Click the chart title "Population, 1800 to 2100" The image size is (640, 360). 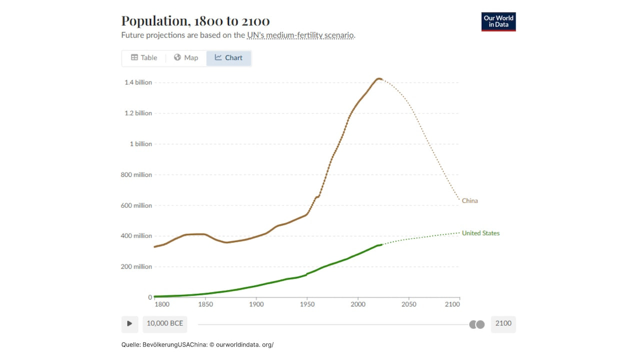click(195, 21)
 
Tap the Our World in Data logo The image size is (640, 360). click(498, 21)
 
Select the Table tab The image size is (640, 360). click(144, 58)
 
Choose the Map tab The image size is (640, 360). click(186, 58)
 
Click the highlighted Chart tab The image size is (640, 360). click(228, 58)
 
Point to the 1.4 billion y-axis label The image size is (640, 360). click(138, 82)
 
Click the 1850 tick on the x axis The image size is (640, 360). click(205, 304)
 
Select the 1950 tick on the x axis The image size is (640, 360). click(307, 304)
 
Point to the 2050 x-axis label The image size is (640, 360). click(408, 304)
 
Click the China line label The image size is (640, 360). click(469, 201)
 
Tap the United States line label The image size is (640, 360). click(480, 233)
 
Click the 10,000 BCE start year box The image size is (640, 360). click(164, 323)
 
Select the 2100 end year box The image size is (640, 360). click(503, 323)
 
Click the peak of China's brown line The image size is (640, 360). click(379, 78)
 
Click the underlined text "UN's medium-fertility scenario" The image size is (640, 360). click(300, 35)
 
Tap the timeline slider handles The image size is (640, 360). click(477, 324)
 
